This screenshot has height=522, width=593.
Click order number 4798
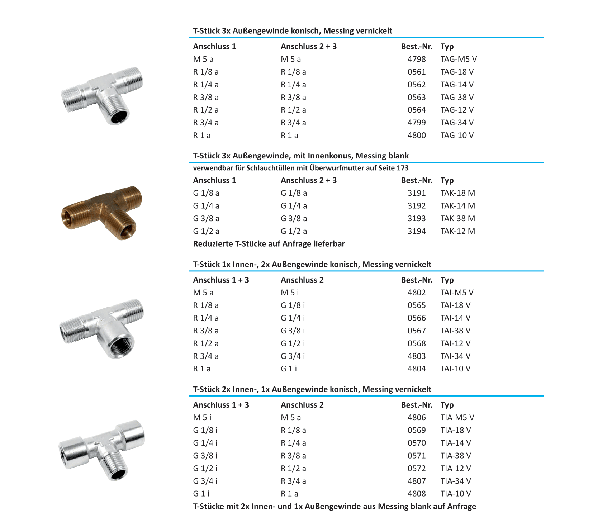[x=416, y=59]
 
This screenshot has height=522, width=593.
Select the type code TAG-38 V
[x=457, y=97]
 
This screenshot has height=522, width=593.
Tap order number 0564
[x=416, y=110]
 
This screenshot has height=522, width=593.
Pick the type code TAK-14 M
[x=457, y=206]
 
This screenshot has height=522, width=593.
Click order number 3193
[x=416, y=218]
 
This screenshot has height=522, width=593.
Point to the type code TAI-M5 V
[x=457, y=293]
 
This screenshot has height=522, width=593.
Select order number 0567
[x=416, y=331]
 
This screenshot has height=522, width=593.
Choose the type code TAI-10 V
[x=455, y=369]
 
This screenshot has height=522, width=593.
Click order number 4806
[x=416, y=417]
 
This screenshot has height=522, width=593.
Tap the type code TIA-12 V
[x=456, y=468]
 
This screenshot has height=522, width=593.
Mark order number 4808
[x=416, y=494]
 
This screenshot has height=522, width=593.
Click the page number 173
[x=402, y=168]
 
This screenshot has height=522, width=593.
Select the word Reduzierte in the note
[x=213, y=244]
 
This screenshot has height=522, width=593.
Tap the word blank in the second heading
[x=398, y=156]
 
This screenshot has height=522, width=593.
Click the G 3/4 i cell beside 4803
[x=293, y=356]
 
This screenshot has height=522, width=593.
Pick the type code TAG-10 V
[x=457, y=135]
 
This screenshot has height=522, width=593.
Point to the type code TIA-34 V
[x=456, y=481]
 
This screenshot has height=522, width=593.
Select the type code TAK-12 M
[x=457, y=231]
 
